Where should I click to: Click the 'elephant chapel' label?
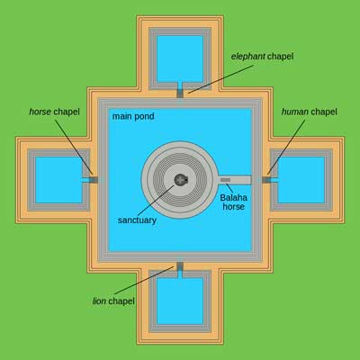pos(262,57)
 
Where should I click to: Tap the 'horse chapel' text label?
pos(54,112)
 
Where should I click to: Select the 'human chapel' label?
pos(310,112)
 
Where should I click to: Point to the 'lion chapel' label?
pos(113,301)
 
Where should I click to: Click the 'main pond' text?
pos(133,116)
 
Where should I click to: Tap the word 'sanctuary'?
pos(137,220)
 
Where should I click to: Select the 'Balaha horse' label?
pos(233,202)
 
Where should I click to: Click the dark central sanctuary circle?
pos(181,180)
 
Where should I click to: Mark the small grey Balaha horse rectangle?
pos(226,180)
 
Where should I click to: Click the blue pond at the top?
pos(180,58)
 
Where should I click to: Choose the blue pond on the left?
pos(58,180)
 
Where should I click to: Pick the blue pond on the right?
pos(301,180)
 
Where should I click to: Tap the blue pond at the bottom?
pos(180,301)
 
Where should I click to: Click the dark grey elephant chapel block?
pos(180,94)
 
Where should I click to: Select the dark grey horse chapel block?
pos(94,180)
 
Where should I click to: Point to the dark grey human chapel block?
pos(266,180)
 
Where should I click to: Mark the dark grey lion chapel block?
pos(180,266)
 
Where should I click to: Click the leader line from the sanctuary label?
pos(156,201)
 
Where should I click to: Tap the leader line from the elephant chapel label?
pos(220,79)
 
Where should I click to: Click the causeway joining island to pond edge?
pos(234,180)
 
